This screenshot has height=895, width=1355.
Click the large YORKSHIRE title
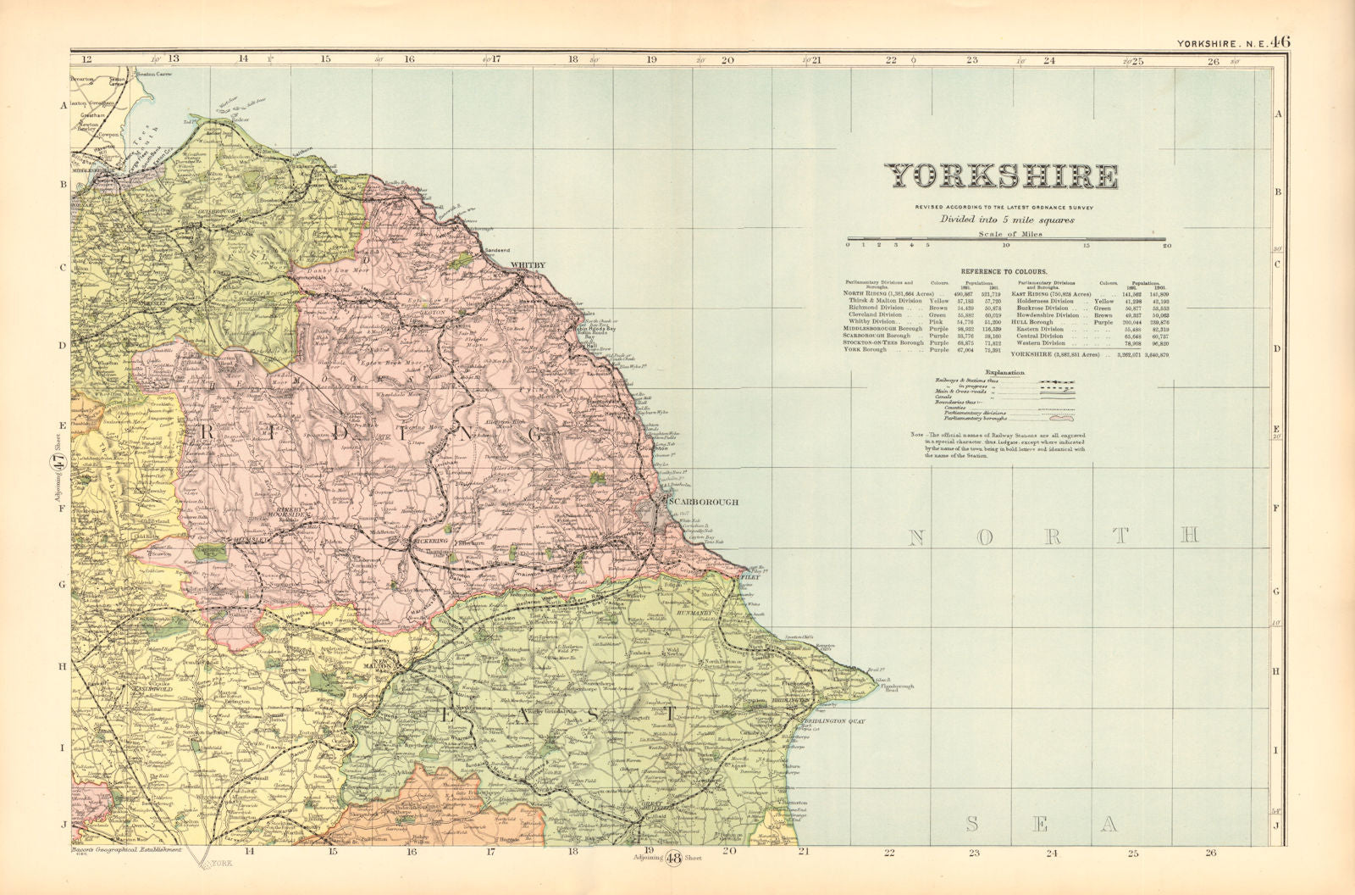tap(1002, 176)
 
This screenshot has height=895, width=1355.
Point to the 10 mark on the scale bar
tap(1006, 246)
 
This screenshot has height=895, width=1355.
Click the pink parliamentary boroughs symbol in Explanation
tap(1061, 418)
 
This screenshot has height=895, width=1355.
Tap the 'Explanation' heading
tap(1004, 372)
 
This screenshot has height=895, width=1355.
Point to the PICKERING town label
tap(430, 539)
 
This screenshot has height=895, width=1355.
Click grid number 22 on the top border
tap(891, 60)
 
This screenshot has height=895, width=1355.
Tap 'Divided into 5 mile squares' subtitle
tap(1005, 219)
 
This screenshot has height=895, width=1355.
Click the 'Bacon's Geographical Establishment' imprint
tap(127, 848)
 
